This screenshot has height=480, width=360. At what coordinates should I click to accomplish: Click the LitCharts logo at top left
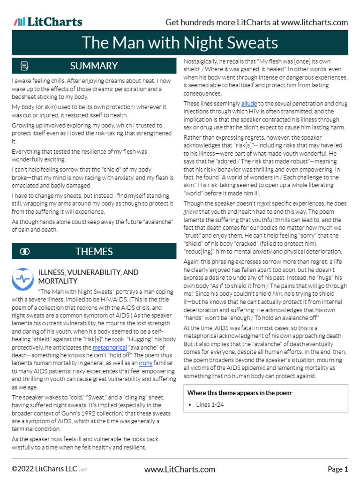[48, 22]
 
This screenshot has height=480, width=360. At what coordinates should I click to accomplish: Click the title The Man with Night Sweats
[180, 43]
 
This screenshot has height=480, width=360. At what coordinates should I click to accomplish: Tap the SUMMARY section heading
[94, 66]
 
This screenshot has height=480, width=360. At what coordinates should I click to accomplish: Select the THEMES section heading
[94, 251]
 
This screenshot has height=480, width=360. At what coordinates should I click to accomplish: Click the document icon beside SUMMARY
[25, 66]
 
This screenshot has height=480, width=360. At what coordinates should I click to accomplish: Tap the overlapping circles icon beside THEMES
[25, 252]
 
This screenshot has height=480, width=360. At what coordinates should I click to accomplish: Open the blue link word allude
[249, 104]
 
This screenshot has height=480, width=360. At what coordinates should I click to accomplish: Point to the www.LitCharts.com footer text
[180, 469]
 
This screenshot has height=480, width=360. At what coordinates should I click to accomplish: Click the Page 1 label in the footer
[337, 469]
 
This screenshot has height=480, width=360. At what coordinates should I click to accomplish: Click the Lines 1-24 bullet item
[210, 405]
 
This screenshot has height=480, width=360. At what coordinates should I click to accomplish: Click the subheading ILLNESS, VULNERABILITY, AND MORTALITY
[88, 276]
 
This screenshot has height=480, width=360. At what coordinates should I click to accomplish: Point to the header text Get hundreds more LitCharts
[257, 22]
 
